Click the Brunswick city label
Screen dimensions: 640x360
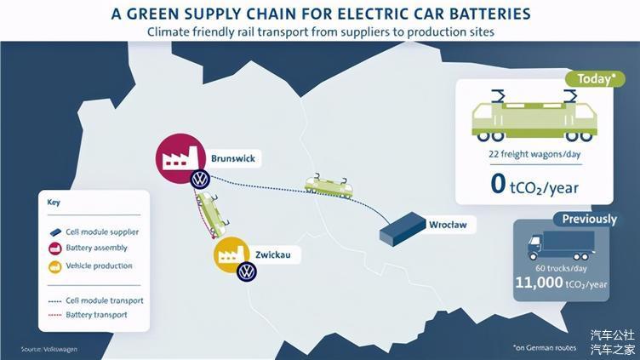click(x=233, y=158)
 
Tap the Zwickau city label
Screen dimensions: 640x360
click(x=273, y=254)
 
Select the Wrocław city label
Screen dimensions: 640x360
click(x=448, y=225)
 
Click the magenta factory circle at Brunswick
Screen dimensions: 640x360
click(x=180, y=158)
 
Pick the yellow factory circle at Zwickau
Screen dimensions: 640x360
click(x=231, y=254)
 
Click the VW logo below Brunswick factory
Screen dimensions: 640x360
click(x=200, y=180)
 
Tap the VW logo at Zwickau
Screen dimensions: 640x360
click(x=247, y=271)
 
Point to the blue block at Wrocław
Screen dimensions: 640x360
click(x=403, y=229)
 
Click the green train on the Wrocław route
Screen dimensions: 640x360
click(x=329, y=186)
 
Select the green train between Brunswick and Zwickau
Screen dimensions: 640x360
click(x=212, y=215)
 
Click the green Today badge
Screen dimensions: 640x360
click(x=595, y=79)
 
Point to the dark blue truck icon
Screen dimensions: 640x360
click(x=561, y=246)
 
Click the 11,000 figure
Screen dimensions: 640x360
click(x=539, y=282)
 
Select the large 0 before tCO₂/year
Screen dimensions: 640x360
click(x=498, y=184)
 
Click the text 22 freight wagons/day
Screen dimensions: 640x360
click(x=534, y=154)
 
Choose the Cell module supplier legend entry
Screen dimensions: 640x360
click(x=94, y=231)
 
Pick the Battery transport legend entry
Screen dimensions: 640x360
click(x=88, y=315)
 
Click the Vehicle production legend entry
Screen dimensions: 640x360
click(x=90, y=266)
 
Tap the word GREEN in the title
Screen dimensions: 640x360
click(x=153, y=14)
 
